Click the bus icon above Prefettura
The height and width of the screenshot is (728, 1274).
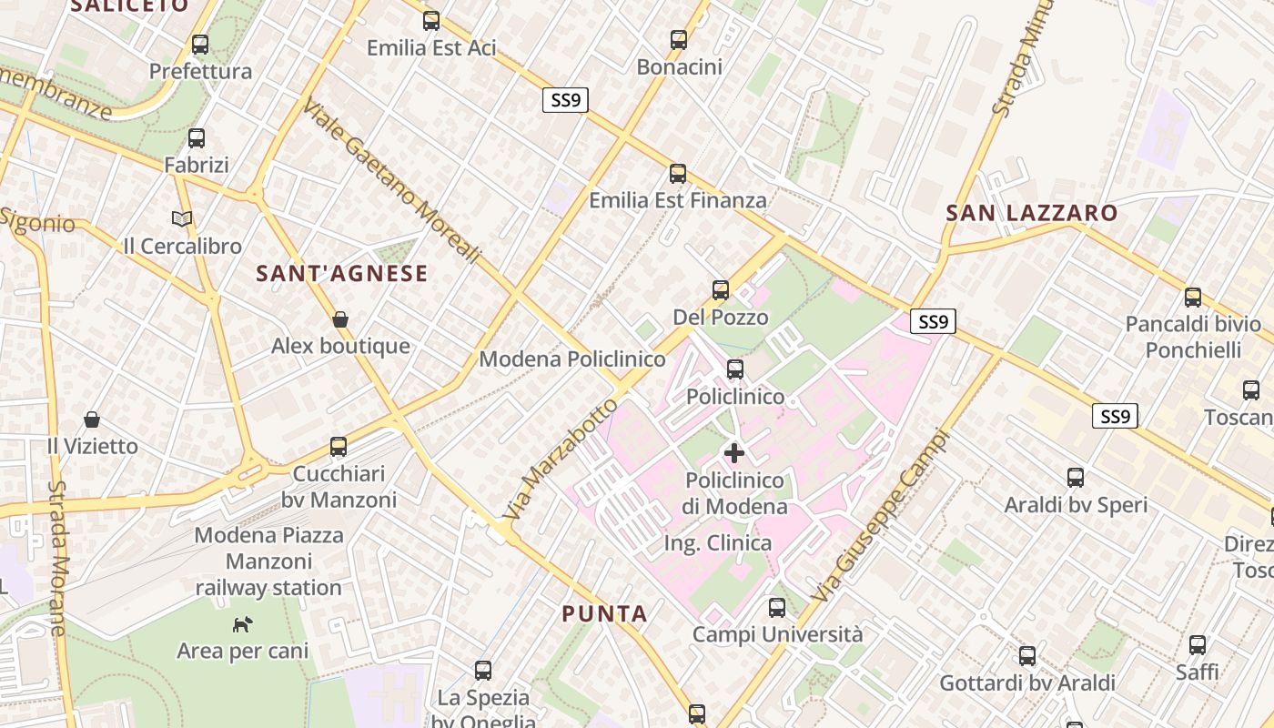pos(200,44)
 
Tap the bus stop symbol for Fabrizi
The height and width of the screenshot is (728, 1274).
pos(197,138)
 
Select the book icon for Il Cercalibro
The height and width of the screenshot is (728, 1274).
pos(182,218)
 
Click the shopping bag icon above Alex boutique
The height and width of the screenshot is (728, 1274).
pos(340,319)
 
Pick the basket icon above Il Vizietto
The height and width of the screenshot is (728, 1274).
pos(92,420)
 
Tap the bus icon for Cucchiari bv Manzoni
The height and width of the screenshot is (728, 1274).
pos(339,446)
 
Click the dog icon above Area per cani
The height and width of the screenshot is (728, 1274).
pos(242,624)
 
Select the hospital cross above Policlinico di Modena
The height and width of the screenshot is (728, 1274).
pos(734,452)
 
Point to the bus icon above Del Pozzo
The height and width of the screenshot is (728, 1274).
pos(721,290)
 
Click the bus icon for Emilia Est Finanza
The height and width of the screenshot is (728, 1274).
pos(678,173)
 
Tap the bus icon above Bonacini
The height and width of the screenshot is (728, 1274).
pos(679,39)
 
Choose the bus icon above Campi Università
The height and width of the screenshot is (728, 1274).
pos(777,607)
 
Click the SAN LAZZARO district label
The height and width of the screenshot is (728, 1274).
pos(1032,214)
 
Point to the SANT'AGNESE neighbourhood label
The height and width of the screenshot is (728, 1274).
pos(342,273)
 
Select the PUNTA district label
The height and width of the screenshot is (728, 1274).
pos(605,614)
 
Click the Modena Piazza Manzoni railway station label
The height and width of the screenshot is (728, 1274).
pos(269,561)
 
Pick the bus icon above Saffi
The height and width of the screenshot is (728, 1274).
pos(1198,644)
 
